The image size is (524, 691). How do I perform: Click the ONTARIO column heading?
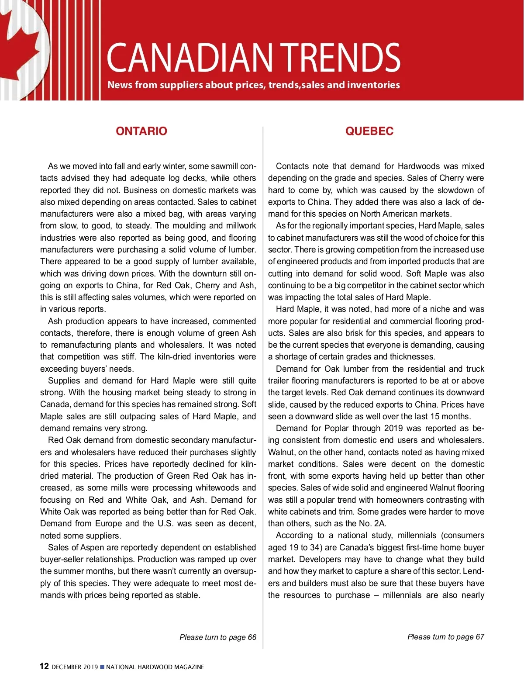(141, 131)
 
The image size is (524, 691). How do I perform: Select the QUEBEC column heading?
(369, 131)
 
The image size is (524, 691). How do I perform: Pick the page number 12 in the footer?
(44, 666)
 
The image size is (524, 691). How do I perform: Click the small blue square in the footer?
(102, 667)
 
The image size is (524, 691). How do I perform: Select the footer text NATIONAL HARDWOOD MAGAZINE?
(155, 667)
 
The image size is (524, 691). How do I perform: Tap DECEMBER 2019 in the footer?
(75, 667)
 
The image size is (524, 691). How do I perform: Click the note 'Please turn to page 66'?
(218, 637)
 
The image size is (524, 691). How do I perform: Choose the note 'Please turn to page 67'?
(446, 637)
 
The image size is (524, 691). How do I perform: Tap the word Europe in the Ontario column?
(108, 523)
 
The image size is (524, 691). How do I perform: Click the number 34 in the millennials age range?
(315, 547)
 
